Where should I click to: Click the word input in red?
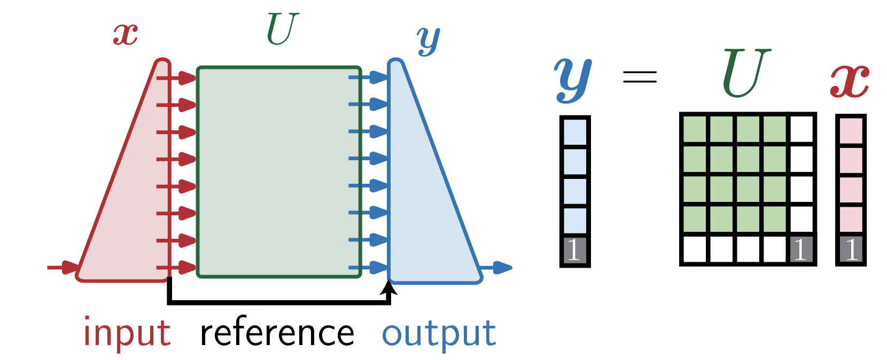127,333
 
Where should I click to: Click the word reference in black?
277,333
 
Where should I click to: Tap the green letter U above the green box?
282,29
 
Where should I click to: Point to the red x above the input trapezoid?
126,34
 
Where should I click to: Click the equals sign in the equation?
640,77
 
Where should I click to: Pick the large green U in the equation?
746,73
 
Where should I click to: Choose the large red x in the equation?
850,80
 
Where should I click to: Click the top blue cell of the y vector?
575,131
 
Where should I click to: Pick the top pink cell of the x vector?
851,130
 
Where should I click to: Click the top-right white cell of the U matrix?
801,130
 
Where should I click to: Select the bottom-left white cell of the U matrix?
695,249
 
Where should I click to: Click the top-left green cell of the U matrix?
695,130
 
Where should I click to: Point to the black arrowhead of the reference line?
390,288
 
